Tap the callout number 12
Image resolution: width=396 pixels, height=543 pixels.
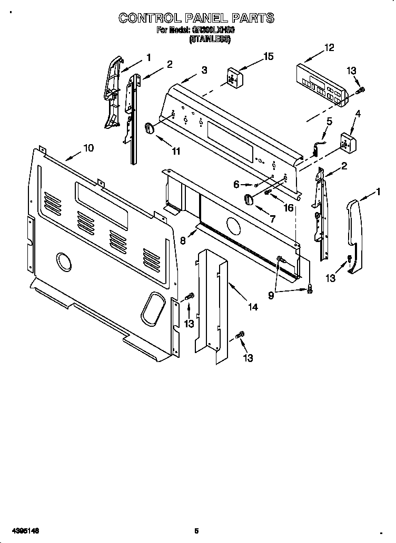click(329, 48)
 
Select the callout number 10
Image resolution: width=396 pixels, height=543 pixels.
click(88, 148)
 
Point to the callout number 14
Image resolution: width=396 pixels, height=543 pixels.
click(253, 307)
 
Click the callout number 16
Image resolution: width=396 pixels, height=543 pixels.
click(288, 208)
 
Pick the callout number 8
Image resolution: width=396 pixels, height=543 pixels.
click(183, 240)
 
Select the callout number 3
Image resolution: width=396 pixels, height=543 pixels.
click(204, 69)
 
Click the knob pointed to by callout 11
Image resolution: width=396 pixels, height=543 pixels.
click(150, 128)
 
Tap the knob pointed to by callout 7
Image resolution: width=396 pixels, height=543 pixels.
click(248, 199)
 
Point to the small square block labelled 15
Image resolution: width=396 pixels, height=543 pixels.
click(233, 76)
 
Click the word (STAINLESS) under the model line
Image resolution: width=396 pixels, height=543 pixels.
click(210, 39)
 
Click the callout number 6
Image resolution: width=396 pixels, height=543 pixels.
click(236, 184)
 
